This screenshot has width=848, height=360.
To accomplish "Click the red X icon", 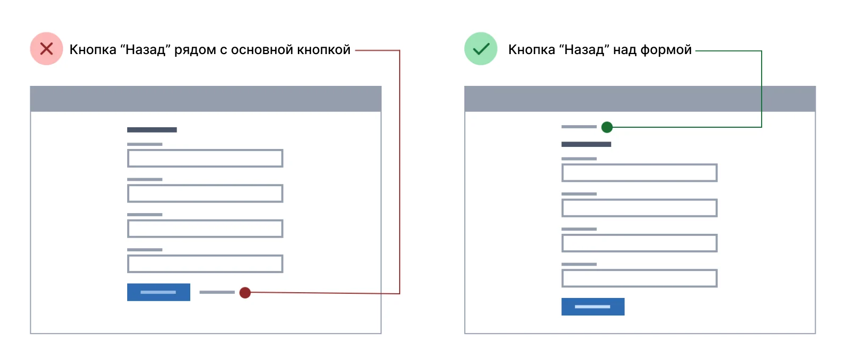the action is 47,49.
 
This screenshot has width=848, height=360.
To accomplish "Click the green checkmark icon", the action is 481,49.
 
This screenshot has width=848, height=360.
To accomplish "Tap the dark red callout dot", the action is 245,293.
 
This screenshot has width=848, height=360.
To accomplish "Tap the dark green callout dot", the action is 607,127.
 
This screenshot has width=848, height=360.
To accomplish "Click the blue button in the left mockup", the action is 158,292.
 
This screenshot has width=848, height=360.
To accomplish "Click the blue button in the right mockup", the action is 593,306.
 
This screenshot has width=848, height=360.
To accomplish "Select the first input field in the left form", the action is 205,158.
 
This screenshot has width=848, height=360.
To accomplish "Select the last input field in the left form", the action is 205,264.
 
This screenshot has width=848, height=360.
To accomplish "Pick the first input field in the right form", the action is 639,173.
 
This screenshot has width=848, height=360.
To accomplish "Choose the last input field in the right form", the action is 639,278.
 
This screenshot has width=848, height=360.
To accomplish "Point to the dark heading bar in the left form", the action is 152,130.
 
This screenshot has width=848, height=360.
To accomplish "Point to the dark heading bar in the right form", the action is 586,144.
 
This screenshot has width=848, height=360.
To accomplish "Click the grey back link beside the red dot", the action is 217,292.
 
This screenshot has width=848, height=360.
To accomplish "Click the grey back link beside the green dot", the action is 579,127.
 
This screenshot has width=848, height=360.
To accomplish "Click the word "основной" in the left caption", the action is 262,50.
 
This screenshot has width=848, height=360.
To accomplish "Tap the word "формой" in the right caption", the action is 666,50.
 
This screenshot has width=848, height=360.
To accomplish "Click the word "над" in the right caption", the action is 625,50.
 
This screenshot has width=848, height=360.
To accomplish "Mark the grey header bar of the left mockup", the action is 206,99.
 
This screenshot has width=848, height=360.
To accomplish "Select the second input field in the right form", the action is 639,208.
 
